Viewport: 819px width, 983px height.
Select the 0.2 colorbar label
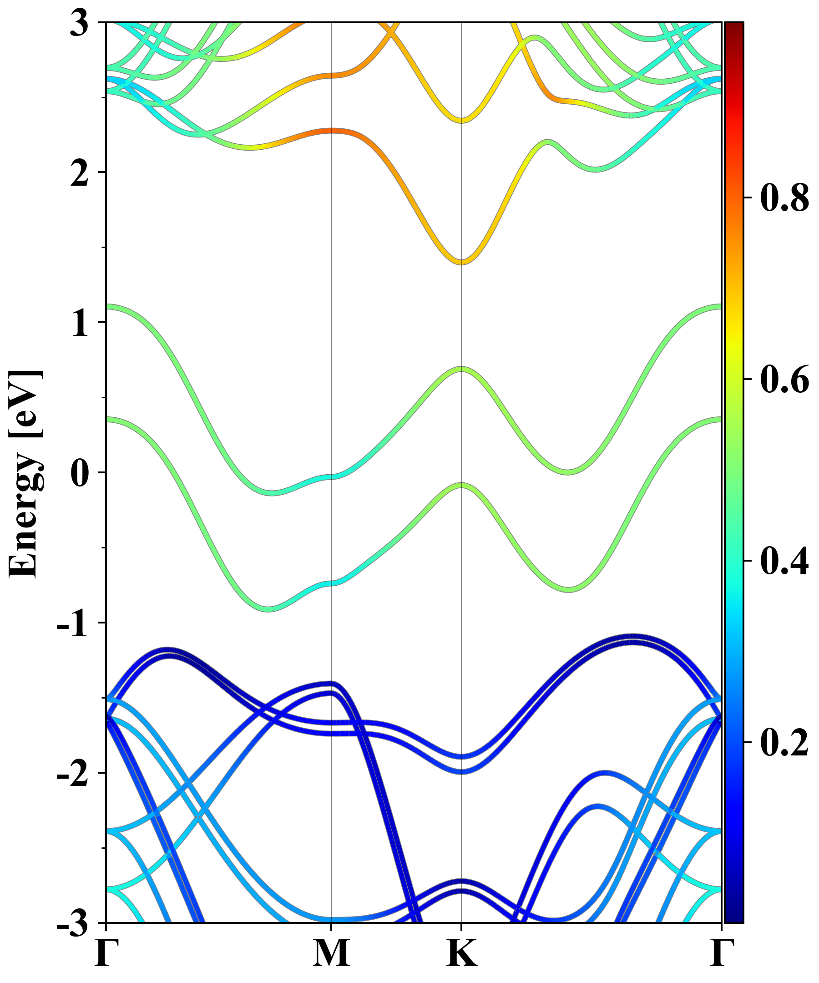point(784,742)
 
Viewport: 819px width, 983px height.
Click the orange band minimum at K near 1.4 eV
point(462,262)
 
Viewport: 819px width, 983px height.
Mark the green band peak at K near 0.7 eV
point(462,370)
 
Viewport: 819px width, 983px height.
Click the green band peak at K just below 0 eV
point(462,485)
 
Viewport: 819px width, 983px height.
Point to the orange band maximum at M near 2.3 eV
point(331,131)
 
